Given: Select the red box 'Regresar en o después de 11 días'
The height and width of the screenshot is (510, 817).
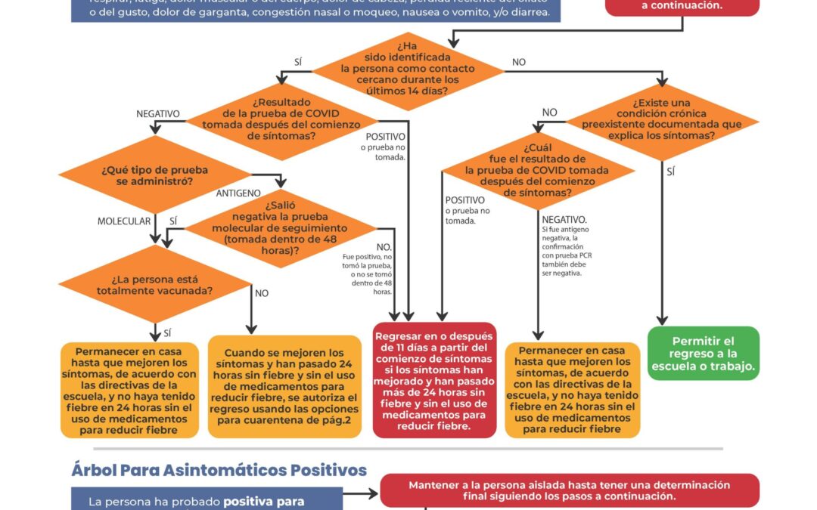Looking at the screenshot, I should (434, 381).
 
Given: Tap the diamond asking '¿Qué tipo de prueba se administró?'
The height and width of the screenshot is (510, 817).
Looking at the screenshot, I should (154, 176).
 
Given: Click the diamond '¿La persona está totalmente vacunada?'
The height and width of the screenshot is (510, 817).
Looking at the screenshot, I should (154, 283).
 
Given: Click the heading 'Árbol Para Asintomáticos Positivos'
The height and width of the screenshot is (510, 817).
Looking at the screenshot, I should (219, 470).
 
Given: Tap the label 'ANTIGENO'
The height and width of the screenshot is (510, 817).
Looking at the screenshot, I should (238, 193).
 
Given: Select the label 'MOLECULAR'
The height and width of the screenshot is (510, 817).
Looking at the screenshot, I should (125, 221).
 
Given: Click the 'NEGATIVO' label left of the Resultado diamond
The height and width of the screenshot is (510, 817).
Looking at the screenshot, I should (158, 114).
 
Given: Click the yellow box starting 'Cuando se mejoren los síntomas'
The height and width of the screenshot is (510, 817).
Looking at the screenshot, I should (284, 386).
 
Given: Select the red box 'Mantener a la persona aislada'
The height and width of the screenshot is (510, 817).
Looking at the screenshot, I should (570, 490).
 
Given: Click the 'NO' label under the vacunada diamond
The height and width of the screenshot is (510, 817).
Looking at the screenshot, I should (262, 293).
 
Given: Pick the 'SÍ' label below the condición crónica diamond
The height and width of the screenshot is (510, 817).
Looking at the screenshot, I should (671, 172).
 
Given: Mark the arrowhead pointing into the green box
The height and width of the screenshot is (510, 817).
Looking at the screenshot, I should (663, 320).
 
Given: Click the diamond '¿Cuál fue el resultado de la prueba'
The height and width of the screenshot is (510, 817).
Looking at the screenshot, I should (538, 171).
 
